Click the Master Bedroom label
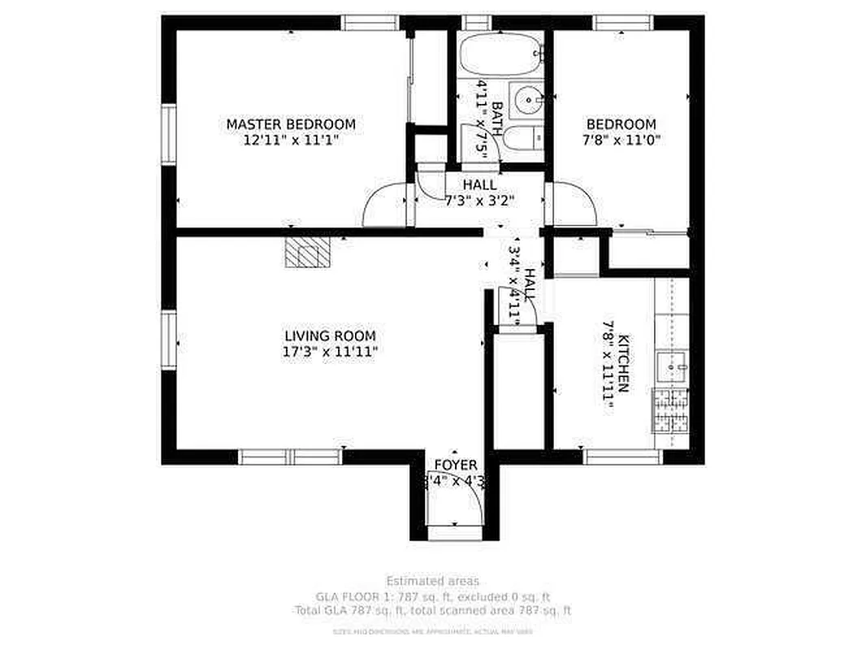coord(290,124)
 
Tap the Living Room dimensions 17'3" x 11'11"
coord(329,351)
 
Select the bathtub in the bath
coord(500,54)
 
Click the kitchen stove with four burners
coord(671,410)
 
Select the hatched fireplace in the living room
coord(308,253)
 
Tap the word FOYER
coord(455,465)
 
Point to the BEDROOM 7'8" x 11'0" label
coord(621,132)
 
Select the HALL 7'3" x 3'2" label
coord(479,193)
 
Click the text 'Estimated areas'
coord(432,581)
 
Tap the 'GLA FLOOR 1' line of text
coord(432,596)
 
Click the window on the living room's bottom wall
coord(291,457)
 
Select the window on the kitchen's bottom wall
coord(623,457)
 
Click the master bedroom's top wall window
coord(370,23)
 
